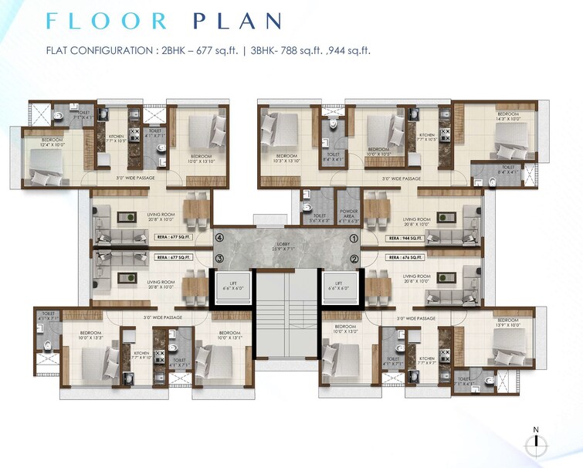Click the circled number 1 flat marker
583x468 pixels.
click(354, 239)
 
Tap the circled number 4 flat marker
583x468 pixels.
click(220, 239)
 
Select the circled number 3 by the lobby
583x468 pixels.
click(220, 258)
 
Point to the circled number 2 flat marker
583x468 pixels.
click(354, 259)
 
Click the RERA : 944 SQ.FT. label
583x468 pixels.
click(405, 239)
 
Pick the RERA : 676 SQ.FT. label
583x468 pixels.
click(405, 257)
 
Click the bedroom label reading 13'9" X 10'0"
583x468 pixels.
click(507, 323)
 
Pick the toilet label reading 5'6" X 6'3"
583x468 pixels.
click(318, 219)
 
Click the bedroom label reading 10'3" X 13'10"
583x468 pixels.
click(286, 158)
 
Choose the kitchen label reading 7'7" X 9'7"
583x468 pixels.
click(426, 361)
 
